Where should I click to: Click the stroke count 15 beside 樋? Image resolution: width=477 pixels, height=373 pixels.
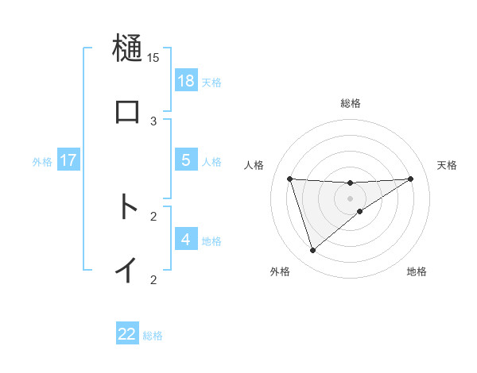click(x=153, y=57)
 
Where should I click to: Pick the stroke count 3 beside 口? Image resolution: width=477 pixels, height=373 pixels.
click(x=153, y=121)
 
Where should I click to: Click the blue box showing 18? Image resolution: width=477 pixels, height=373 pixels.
click(x=186, y=81)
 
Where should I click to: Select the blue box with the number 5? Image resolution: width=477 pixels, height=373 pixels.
click(x=186, y=160)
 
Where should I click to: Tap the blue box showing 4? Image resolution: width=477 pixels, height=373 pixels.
click(x=186, y=240)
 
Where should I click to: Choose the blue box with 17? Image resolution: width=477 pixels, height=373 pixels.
click(x=68, y=160)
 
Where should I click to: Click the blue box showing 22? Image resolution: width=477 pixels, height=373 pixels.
click(x=127, y=334)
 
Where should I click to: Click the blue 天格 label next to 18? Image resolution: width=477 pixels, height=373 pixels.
click(x=211, y=82)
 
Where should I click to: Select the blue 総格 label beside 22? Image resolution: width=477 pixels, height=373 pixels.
click(x=153, y=336)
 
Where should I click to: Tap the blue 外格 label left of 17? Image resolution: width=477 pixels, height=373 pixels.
click(x=42, y=162)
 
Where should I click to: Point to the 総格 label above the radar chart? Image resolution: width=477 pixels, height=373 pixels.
click(x=351, y=103)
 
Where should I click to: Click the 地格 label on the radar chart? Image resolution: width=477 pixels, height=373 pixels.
click(x=417, y=271)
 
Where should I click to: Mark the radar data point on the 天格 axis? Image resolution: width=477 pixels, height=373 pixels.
click(x=411, y=179)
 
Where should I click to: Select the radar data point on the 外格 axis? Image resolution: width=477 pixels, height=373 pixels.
click(x=312, y=251)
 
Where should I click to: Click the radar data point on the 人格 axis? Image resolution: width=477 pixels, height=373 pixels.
click(x=289, y=179)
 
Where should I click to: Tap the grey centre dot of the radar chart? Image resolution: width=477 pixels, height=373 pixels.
click(x=350, y=198)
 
